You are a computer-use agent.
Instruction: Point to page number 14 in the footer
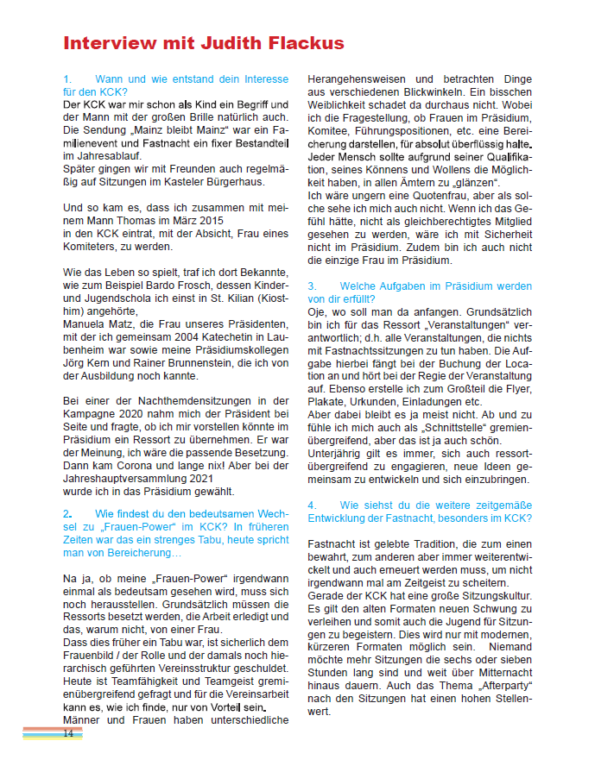(67, 733)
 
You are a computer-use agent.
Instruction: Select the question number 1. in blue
(68, 78)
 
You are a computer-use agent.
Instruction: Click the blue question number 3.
(313, 286)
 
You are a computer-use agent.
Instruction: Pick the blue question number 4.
(313, 505)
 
